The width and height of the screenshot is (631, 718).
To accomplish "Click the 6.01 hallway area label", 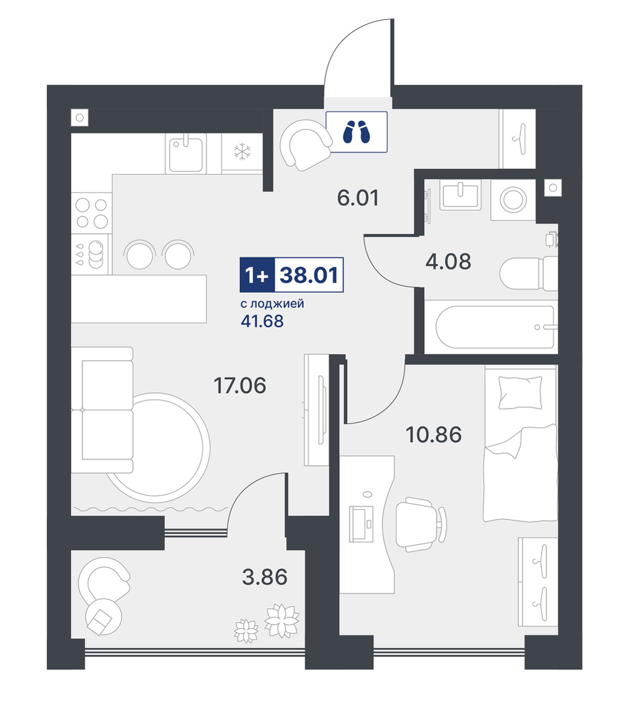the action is pyautogui.click(x=358, y=198).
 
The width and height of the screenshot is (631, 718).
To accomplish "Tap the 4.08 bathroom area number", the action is pyautogui.click(x=448, y=262).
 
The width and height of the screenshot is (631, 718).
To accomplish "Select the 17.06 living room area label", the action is pyautogui.click(x=240, y=385).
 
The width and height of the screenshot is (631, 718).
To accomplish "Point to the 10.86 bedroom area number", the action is pyautogui.click(x=434, y=434).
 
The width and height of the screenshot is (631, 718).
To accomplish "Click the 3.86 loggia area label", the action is pyautogui.click(x=265, y=577).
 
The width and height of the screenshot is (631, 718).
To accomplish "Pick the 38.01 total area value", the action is pyautogui.click(x=309, y=275).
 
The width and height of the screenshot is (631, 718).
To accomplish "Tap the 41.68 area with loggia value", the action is pyautogui.click(x=262, y=321).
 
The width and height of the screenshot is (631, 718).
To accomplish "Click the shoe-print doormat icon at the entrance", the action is pyautogui.click(x=356, y=131).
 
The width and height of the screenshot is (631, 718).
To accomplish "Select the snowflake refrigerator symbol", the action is pyautogui.click(x=242, y=152).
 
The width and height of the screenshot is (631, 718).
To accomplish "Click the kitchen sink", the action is pyautogui.click(x=186, y=154).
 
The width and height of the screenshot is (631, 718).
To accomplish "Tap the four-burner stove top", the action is pyautogui.click(x=92, y=213).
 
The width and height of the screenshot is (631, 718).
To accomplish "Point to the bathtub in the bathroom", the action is pyautogui.click(x=495, y=327).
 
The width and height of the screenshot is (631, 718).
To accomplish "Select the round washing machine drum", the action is pyautogui.click(x=513, y=200).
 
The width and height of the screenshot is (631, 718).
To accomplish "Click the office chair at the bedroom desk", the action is pyautogui.click(x=421, y=524).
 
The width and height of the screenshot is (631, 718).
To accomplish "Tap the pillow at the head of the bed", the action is pyautogui.click(x=521, y=393).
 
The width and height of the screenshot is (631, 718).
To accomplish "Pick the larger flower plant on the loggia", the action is pyautogui.click(x=283, y=620).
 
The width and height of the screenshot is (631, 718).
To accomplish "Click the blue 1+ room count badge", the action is pyautogui.click(x=257, y=275).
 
